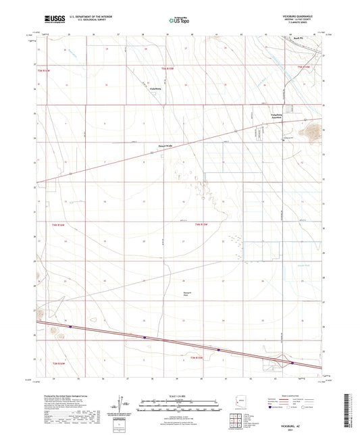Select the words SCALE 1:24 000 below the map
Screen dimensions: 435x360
click(179, 394)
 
